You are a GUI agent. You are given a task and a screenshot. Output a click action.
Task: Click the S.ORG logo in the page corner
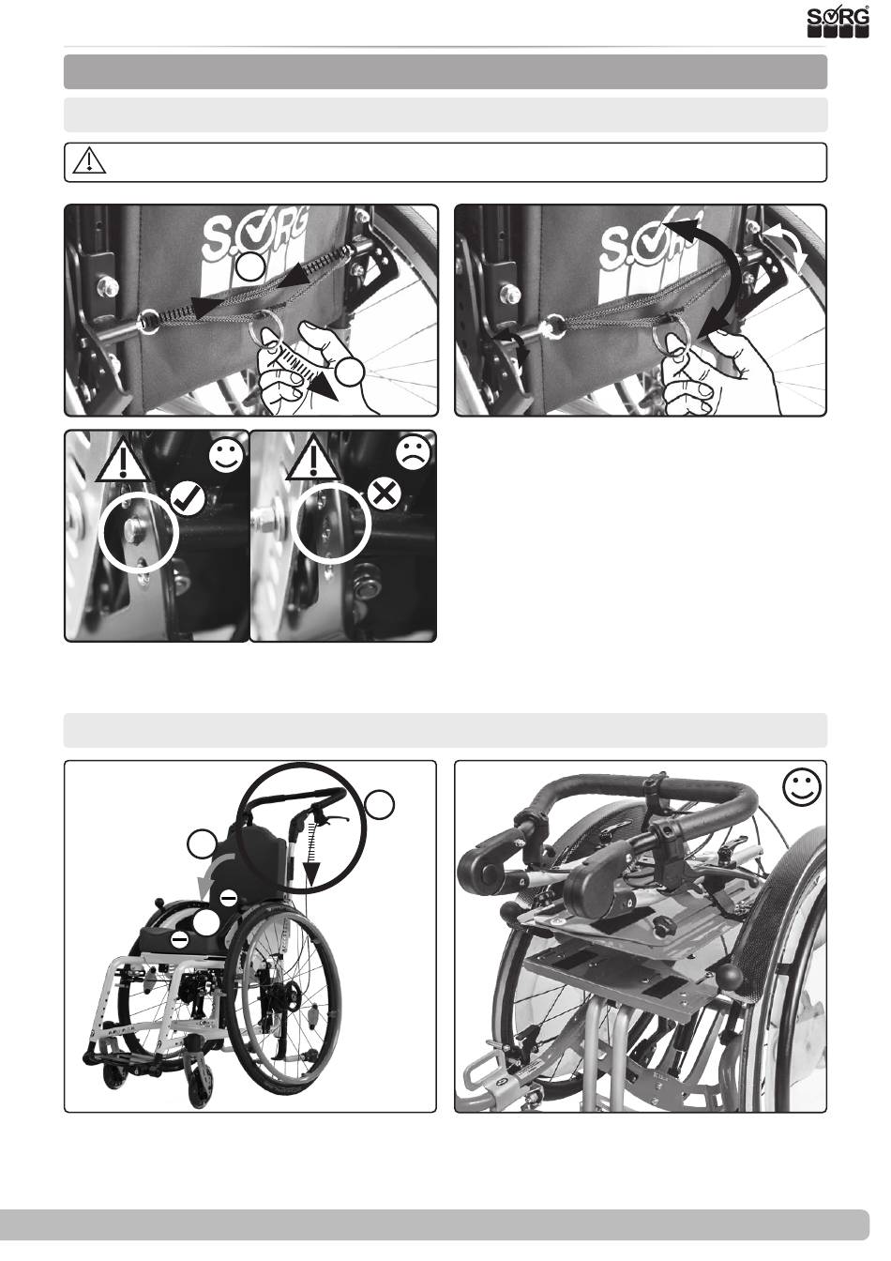(838, 22)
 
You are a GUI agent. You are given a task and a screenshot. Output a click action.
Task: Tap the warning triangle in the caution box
(89, 161)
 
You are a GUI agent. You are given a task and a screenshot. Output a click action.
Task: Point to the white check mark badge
(187, 497)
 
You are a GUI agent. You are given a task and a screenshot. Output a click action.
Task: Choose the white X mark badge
(384, 495)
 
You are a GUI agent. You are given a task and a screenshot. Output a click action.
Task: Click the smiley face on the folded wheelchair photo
(803, 790)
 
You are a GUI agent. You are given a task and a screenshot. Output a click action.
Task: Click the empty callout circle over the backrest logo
(248, 268)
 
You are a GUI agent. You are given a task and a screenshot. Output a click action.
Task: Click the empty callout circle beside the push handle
(380, 805)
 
